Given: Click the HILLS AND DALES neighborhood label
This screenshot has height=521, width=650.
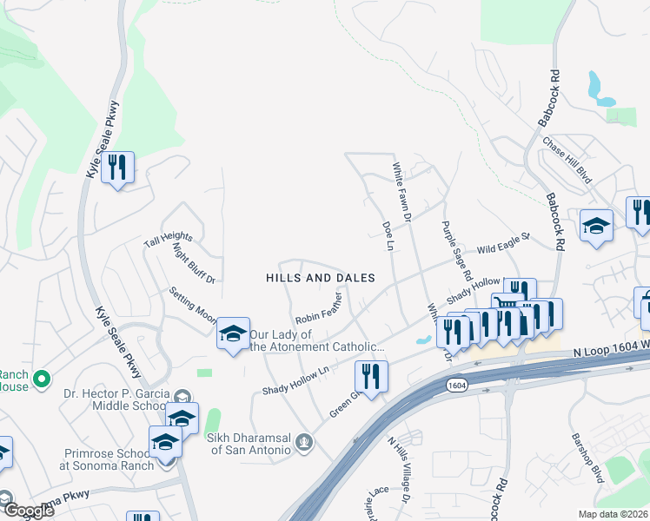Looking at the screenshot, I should click(x=321, y=278).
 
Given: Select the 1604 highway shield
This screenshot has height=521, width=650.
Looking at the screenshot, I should click(x=456, y=384).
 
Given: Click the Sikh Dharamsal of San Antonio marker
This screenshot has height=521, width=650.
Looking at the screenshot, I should click(x=303, y=443).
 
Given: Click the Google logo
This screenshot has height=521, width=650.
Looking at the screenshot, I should click(x=29, y=511).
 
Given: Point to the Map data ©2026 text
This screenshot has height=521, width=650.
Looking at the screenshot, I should click(x=613, y=513).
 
